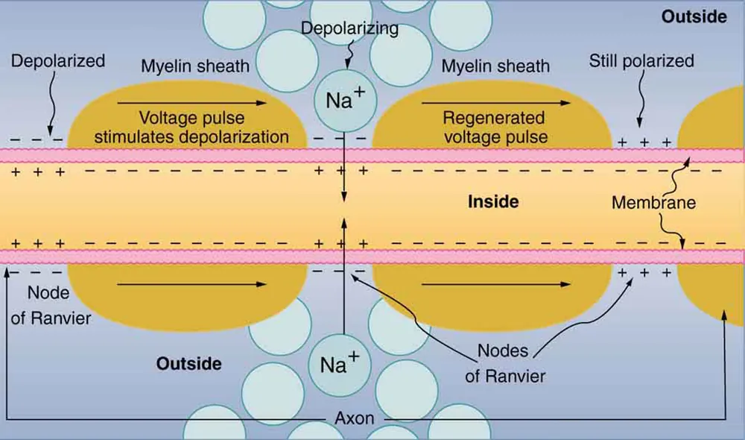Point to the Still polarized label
(641, 60)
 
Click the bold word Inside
(492, 201)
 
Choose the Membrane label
(653, 202)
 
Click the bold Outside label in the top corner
(694, 16)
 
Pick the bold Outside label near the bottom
(189, 364)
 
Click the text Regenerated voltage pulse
(494, 128)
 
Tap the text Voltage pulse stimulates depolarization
(191, 128)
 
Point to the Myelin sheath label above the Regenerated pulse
(495, 66)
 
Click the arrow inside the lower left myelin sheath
(191, 284)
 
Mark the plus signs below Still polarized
(645, 141)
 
